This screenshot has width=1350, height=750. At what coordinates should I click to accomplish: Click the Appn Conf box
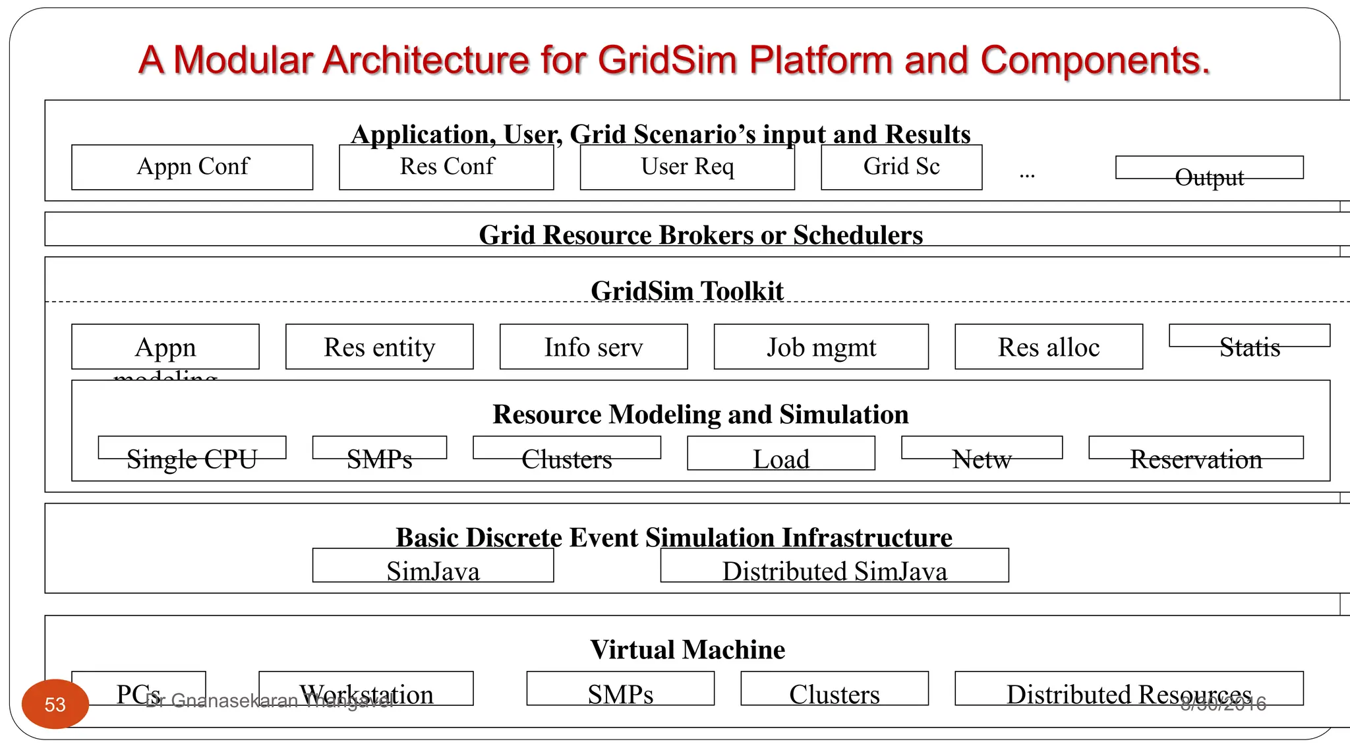[192, 167]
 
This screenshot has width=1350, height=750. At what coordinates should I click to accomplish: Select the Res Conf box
[446, 167]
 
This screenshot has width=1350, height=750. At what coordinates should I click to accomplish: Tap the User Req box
[687, 167]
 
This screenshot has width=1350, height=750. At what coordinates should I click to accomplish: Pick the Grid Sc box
[901, 167]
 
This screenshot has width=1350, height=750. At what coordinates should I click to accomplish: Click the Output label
[1209, 177]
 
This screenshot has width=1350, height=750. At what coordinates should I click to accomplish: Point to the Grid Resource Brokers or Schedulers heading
[700, 235]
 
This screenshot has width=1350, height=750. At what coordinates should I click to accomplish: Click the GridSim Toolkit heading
[687, 291]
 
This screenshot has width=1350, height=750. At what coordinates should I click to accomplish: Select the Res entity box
[379, 347]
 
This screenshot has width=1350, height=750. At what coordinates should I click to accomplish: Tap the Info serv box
[593, 347]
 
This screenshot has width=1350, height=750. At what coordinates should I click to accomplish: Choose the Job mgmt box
[821, 347]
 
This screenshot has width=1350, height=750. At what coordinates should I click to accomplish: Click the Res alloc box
[1048, 347]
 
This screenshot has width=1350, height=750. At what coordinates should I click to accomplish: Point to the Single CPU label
[191, 459]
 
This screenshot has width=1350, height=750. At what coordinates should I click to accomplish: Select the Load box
[780, 455]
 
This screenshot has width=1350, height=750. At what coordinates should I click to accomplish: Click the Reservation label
[1196, 459]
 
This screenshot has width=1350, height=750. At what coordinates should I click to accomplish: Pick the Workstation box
[366, 689]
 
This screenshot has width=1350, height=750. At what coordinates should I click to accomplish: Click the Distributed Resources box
[1129, 689]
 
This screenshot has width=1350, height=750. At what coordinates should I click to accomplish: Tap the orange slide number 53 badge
[55, 704]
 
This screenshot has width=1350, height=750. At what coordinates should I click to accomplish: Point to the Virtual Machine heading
[687, 650]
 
